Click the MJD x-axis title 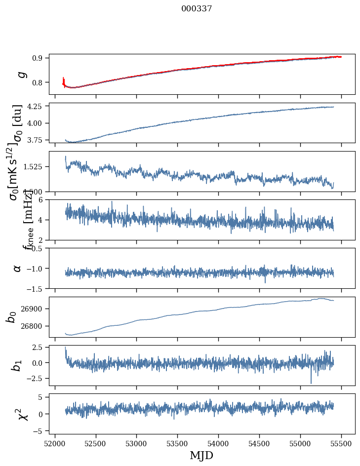tap(201, 455)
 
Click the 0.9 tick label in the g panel tap(39, 58)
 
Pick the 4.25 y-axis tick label tap(36, 106)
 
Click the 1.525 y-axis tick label tap(35, 167)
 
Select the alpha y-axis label tap(17, 268)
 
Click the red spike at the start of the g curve tap(64, 79)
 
